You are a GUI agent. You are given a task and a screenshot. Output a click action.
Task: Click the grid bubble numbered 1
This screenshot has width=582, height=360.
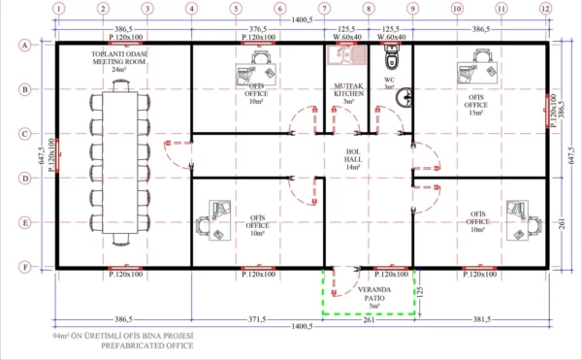click(58, 9)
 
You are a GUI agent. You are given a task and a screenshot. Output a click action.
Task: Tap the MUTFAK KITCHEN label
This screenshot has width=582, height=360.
click(347, 92)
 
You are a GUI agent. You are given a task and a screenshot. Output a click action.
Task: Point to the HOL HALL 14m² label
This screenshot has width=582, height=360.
click(354, 159)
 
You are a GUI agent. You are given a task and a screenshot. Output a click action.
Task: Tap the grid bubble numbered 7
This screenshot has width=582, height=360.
click(324, 9)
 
